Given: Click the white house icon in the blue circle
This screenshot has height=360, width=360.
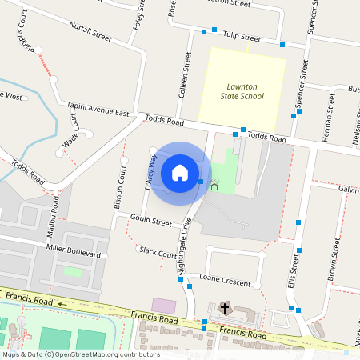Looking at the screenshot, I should tap(180, 172).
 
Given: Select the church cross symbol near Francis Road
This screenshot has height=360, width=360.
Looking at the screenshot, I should tap(225, 308).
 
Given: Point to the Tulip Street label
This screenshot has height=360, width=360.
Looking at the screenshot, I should tap(242, 37).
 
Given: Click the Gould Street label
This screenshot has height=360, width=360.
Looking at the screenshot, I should tap(151, 220).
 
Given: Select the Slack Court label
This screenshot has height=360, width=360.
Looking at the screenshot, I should tap(158, 252).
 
